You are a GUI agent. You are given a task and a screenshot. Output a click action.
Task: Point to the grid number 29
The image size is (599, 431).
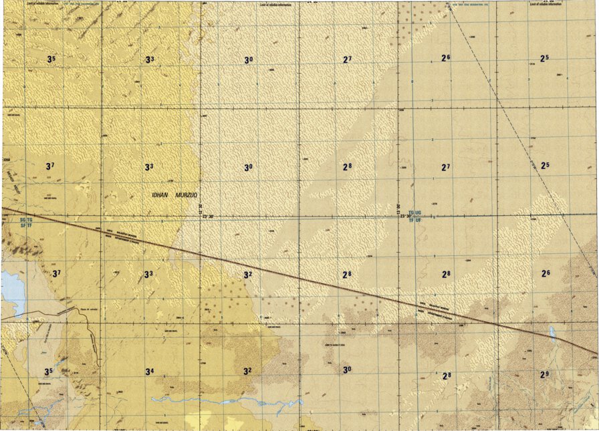pyautogui.click(x=546, y=374)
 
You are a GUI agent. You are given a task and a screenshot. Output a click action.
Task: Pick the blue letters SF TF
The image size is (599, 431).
pyautogui.click(x=26, y=226)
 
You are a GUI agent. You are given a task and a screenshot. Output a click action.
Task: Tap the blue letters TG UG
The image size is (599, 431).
pyautogui.click(x=415, y=211)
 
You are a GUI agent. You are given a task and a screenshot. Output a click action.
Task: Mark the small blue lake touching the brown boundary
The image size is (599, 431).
pyautogui.click(x=552, y=332)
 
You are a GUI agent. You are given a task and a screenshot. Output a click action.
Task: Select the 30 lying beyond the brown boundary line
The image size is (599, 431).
pyautogui.click(x=347, y=370)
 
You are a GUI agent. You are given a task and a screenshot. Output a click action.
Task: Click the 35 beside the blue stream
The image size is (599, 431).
pyautogui.click(x=48, y=372)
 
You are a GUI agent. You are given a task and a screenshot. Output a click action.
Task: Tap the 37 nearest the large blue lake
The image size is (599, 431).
pyautogui.click(x=56, y=273)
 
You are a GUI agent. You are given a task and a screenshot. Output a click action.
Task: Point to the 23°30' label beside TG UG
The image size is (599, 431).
pyautogui.click(x=405, y=216)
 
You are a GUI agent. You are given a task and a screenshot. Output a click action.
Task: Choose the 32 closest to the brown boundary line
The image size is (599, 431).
pyautogui.click(x=247, y=275)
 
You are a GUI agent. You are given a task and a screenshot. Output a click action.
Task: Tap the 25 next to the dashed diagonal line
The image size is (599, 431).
pyautogui.click(x=545, y=165)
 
